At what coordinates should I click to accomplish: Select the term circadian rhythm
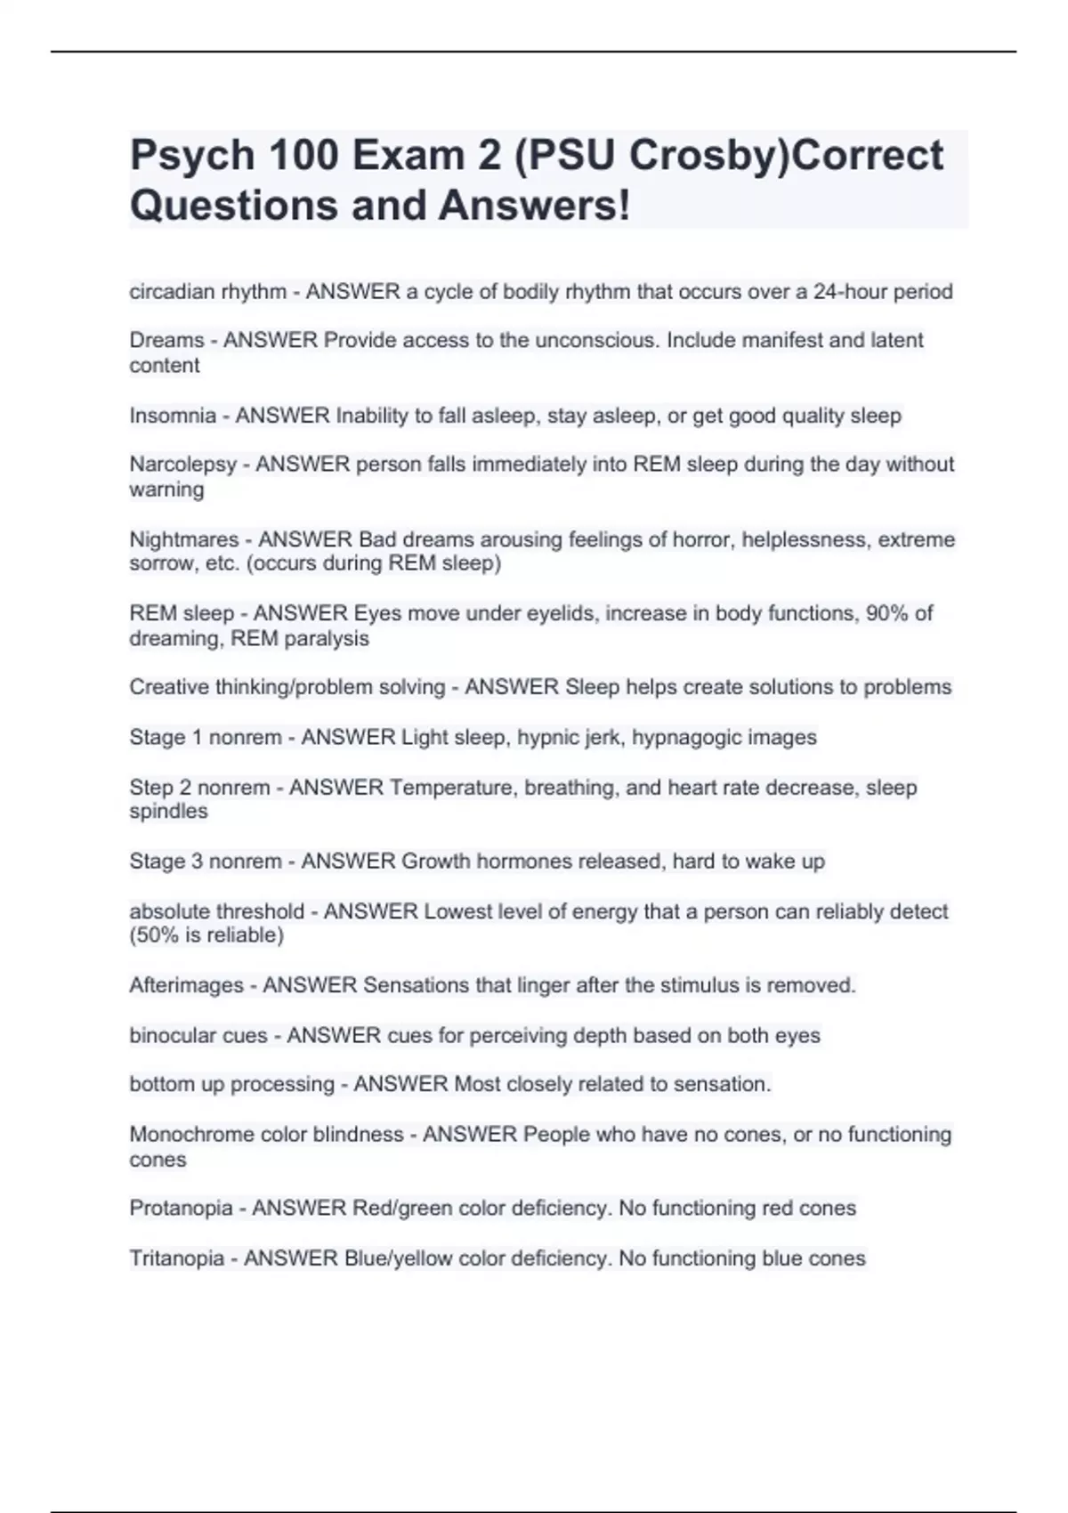tap(207, 292)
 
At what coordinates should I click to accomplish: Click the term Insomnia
tap(173, 416)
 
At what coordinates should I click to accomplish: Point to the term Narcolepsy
tap(183, 465)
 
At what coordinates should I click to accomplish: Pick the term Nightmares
tap(184, 539)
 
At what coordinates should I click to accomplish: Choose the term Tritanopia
tap(176, 1258)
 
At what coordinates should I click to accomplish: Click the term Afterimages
tap(186, 985)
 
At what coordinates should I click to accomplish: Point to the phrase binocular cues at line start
tap(198, 1035)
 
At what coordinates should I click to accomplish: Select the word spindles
tap(168, 812)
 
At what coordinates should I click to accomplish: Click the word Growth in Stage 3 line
tap(436, 862)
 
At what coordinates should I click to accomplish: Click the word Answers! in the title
tap(534, 206)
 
